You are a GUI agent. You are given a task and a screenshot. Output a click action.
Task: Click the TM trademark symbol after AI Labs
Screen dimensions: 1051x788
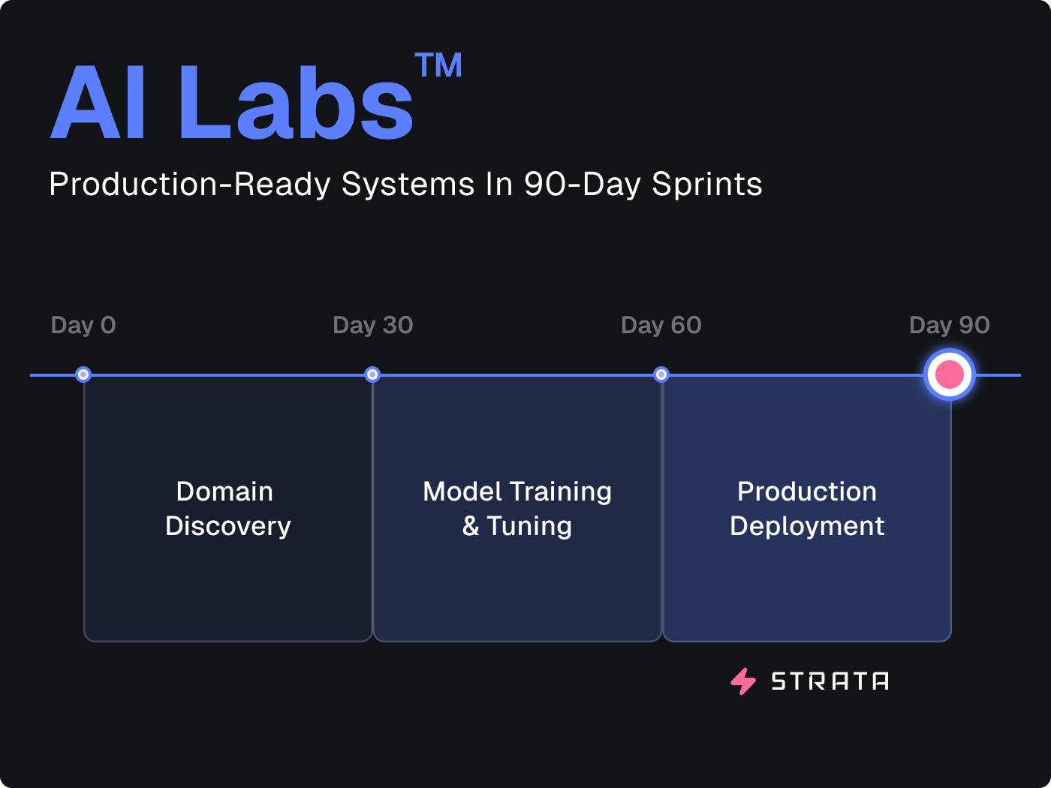pos(438,65)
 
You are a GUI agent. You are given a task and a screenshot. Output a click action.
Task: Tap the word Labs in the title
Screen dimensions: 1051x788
pos(296,102)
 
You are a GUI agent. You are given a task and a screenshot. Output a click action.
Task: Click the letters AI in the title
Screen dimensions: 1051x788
pos(98,102)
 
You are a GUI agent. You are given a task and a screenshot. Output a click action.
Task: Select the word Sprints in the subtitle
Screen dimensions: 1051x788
pos(706,185)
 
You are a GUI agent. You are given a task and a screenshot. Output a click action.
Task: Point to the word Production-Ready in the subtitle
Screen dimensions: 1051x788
pos(190,185)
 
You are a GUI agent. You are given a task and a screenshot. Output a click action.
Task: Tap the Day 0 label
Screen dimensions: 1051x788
pos(83,326)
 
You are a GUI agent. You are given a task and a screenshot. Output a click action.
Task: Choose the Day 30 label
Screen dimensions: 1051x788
pos(373,326)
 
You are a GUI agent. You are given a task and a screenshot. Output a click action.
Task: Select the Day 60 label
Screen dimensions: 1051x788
pos(661,326)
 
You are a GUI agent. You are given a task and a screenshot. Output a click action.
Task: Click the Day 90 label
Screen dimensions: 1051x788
pos(950,326)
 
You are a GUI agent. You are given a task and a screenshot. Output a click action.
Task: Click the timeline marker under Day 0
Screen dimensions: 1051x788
pos(83,374)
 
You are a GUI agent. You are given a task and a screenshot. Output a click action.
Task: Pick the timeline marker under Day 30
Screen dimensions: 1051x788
pos(372,374)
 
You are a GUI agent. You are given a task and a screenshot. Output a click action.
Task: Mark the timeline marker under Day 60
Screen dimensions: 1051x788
pos(661,374)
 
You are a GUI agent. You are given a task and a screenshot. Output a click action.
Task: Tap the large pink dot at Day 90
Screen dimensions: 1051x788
pos(950,374)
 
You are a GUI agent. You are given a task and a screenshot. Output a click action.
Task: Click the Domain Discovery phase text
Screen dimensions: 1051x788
pos(228,509)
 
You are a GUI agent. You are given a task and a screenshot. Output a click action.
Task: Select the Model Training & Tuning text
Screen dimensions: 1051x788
pos(517,509)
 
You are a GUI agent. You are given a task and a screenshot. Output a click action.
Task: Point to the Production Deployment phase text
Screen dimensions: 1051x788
pos(807,509)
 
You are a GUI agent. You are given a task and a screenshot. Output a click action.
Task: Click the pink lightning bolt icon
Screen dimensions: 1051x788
pos(743,681)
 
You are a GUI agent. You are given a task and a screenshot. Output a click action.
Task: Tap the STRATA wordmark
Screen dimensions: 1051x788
pos(830,681)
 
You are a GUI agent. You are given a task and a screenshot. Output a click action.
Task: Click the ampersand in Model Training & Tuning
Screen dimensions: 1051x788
pos(471,526)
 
